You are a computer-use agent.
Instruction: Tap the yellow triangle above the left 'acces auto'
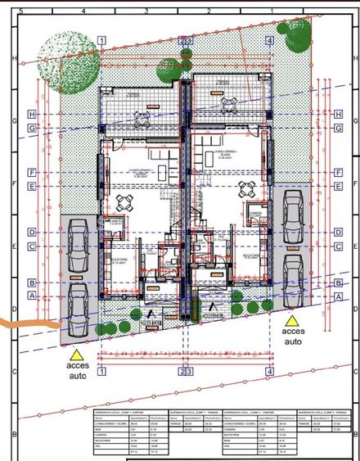(76, 355)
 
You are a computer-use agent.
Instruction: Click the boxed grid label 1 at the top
(101, 39)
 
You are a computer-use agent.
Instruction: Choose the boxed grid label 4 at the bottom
(268, 372)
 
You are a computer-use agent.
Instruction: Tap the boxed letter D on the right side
(337, 232)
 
